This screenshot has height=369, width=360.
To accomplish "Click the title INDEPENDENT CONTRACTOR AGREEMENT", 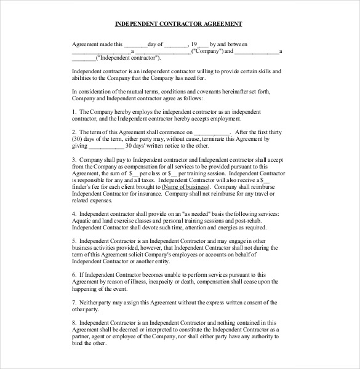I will (179, 25).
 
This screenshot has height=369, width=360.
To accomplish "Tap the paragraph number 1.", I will (74, 111).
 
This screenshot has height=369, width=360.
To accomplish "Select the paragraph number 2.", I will (74, 132).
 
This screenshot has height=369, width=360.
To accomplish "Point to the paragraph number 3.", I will (74, 159).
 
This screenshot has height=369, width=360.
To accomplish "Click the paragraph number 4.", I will (74, 213).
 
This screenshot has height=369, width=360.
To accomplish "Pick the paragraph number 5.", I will (74, 241).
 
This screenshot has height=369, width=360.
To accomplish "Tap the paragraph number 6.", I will (74, 275).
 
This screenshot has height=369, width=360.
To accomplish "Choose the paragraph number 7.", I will (74, 303).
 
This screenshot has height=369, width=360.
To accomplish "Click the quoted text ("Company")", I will (207, 51).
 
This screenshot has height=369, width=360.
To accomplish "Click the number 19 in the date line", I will (193, 44).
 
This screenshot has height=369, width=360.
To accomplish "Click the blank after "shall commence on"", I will (212, 132).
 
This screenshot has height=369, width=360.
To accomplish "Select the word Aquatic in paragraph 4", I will (83, 220).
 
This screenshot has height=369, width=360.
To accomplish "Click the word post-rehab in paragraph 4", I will (262, 220).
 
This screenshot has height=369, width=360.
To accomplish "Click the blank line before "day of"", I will (135, 44).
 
